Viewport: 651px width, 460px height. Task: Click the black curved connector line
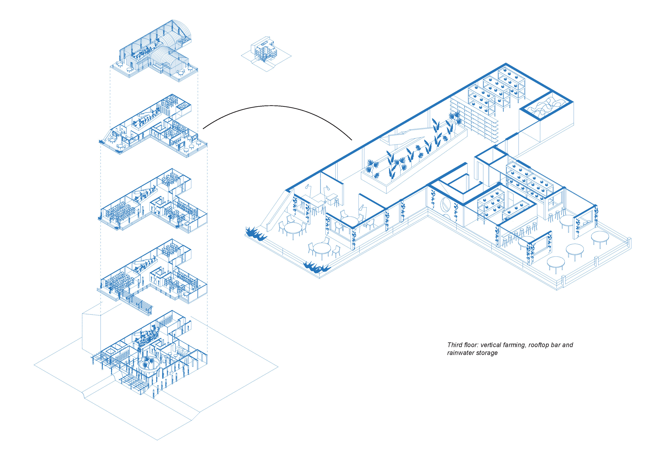tap(272, 106)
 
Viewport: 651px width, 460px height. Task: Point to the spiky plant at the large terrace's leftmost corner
tap(255, 233)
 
